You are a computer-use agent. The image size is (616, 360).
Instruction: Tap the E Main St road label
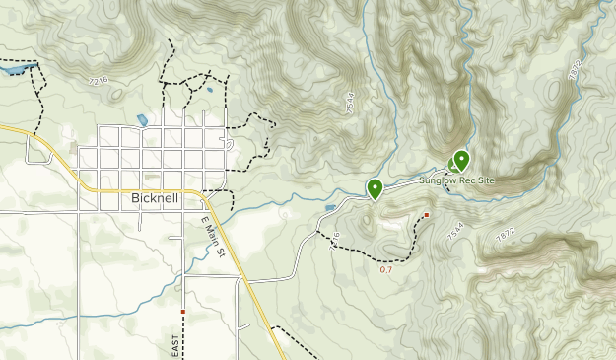pos(214,238)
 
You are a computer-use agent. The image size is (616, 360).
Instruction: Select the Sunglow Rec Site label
pos(455,180)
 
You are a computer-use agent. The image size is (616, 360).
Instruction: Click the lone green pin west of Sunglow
pos(375,187)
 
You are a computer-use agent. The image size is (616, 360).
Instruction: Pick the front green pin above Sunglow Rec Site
pos(460,160)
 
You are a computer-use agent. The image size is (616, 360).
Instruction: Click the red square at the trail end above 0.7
pos(427,214)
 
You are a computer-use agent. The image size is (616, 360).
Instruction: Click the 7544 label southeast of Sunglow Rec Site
pos(454,234)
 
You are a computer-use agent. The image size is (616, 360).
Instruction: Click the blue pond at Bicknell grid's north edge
pos(143,120)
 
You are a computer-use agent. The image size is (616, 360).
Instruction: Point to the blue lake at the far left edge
pos(14,72)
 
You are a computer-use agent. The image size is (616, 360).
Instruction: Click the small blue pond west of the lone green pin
pos(329,208)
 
